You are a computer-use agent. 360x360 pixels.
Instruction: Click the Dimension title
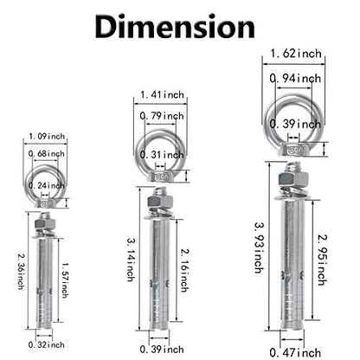175,27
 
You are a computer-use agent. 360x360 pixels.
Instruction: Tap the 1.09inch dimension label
47,136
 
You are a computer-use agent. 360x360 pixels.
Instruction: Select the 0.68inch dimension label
47,154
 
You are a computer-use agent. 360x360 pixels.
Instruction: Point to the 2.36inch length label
21,272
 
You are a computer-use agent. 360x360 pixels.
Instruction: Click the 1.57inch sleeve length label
65,280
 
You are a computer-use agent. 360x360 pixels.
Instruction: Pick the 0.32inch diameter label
47,344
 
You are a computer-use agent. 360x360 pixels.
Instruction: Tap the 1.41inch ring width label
162,94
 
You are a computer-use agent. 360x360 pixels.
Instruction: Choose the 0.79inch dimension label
162,116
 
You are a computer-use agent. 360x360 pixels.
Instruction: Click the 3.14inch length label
131,259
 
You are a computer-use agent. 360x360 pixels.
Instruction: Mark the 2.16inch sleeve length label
184,270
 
